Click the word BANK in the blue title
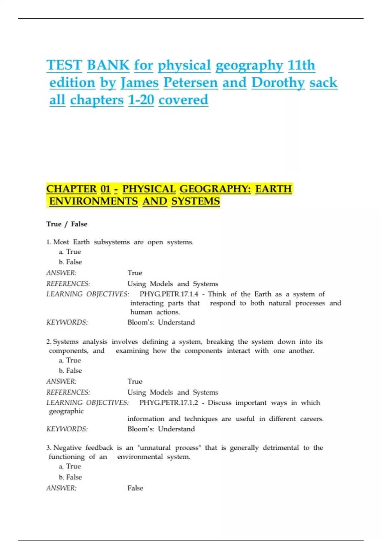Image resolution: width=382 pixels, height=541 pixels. [108, 65]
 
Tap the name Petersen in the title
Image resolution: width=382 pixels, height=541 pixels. [191, 83]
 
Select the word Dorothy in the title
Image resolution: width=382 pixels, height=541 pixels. [278, 83]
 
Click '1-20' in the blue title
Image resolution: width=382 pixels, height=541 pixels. [141, 100]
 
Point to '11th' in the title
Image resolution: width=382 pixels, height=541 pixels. [301, 65]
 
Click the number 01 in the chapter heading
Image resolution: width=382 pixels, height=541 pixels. [105, 189]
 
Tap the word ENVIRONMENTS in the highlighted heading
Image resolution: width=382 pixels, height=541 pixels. [94, 201]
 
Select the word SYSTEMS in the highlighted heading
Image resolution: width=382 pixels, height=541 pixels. [195, 201]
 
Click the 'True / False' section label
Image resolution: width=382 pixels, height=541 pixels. [67, 224]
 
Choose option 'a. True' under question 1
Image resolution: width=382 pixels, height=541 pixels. [70, 252]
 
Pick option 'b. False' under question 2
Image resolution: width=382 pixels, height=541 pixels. [70, 370]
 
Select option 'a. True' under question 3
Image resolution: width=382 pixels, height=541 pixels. [70, 466]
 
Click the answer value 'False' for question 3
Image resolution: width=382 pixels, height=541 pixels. [135, 488]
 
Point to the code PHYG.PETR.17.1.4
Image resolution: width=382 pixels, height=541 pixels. [169, 294]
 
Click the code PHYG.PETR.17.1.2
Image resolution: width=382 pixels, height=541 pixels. [168, 403]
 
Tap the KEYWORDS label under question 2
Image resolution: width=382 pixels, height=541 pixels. [67, 429]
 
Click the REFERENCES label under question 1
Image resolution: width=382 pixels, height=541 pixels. [68, 284]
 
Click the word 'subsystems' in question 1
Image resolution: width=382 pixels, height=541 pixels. [112, 242]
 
